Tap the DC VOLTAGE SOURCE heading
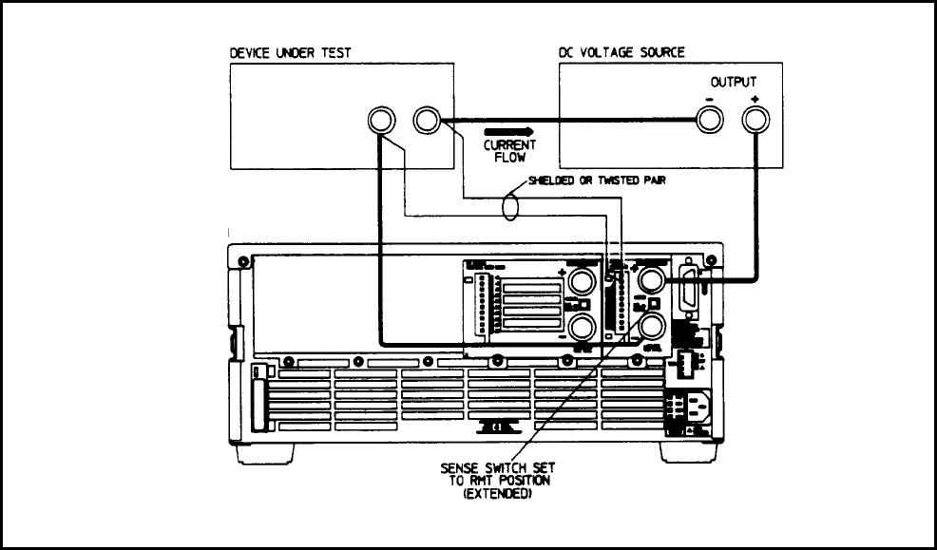click(x=621, y=53)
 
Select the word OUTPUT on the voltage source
click(x=734, y=84)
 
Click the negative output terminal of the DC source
click(x=708, y=120)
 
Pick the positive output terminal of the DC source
click(x=755, y=120)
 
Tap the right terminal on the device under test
click(x=426, y=120)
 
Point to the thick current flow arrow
click(x=509, y=131)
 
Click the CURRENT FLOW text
click(x=509, y=151)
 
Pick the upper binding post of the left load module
click(x=583, y=279)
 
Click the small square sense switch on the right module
click(x=654, y=304)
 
